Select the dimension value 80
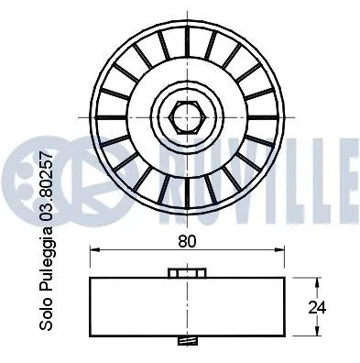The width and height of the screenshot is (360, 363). [188, 243]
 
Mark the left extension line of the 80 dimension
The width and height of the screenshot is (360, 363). [90, 261]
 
